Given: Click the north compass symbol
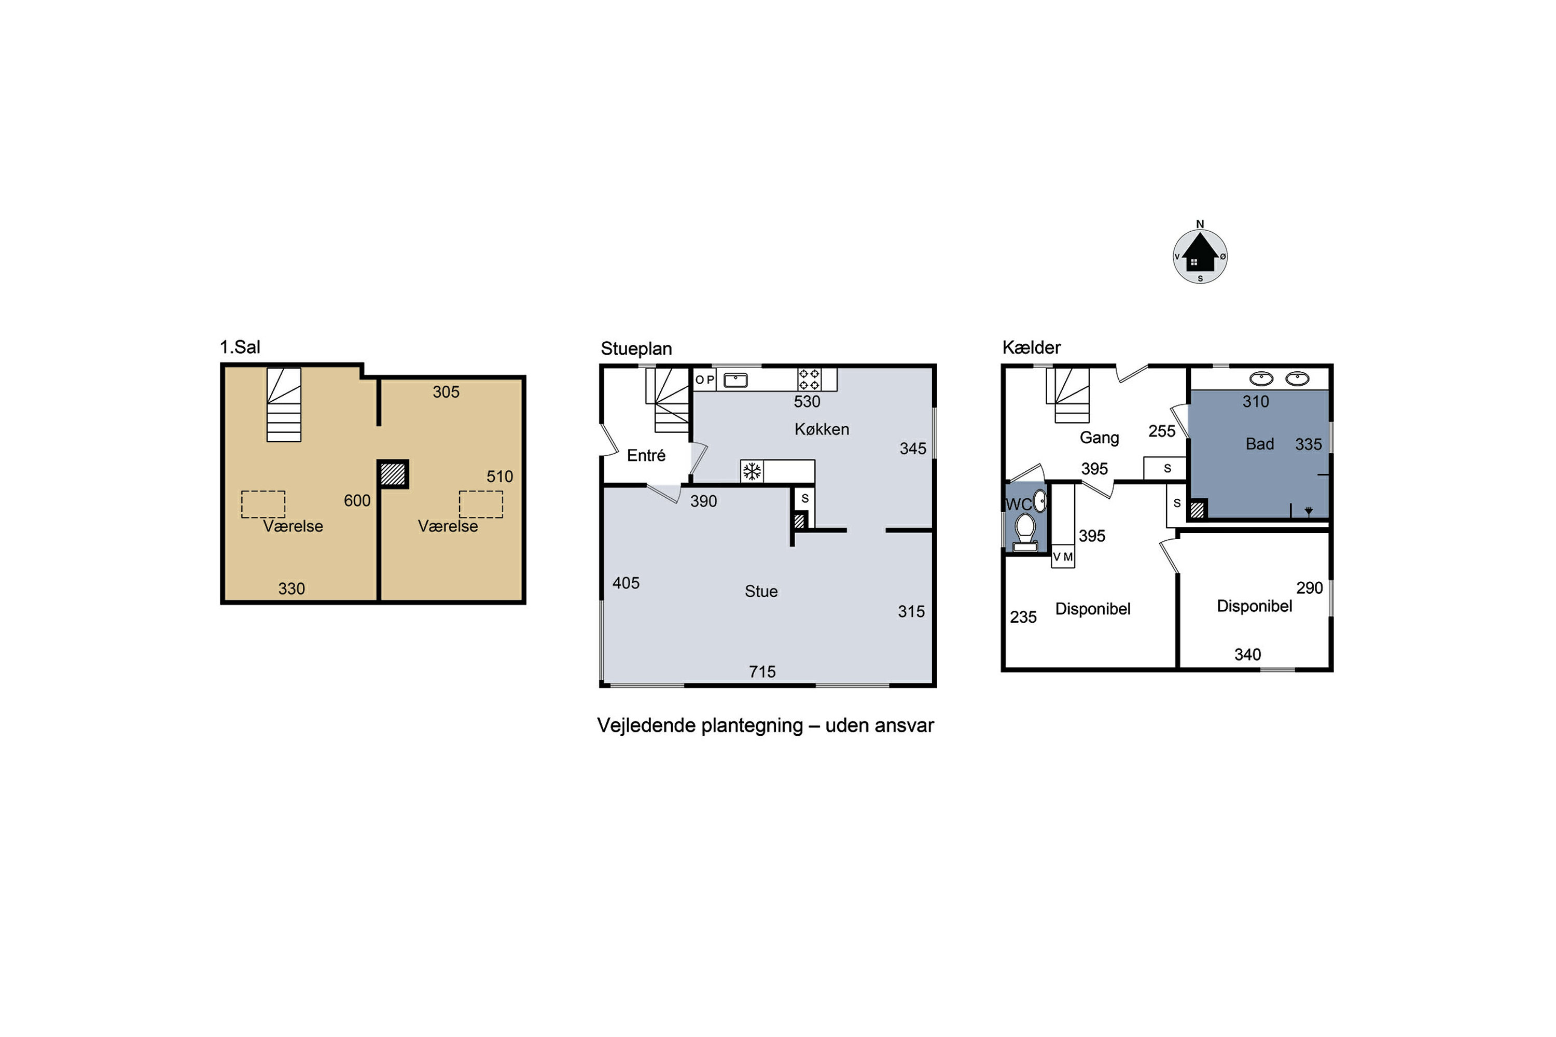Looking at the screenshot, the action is coord(1200,256).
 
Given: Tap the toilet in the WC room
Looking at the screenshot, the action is coord(1025,533).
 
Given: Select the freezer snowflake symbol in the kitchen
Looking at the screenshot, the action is coord(752,471).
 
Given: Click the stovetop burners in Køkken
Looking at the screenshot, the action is coord(809,379).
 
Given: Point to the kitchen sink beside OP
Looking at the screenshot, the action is coord(735,380).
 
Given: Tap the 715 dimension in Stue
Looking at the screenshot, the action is coord(762,672).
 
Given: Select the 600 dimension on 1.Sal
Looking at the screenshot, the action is coord(357,501).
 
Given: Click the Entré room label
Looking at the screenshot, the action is coord(646,455).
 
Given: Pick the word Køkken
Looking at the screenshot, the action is coord(822,429).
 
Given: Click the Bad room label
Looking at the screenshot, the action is coord(1260,444).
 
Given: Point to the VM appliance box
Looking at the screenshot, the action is coord(1062,556).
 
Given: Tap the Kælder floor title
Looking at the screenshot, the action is coord(1032,347).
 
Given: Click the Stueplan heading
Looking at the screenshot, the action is coord(636,348).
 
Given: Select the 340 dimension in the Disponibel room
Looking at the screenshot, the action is coord(1248,655).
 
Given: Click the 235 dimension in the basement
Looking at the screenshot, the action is coord(1023,617).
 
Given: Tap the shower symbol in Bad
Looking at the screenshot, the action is coord(1309,511).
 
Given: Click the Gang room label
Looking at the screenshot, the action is coord(1100,438).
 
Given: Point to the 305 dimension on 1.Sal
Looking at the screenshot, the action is coord(446,392).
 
